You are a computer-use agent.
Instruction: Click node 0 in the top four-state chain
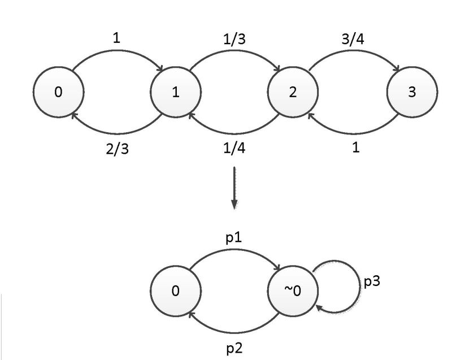(x=59, y=92)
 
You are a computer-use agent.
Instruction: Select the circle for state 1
(x=176, y=92)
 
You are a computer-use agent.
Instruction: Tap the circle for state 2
(x=293, y=92)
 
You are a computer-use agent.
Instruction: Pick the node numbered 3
(x=412, y=92)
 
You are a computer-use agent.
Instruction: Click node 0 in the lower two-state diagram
(x=176, y=291)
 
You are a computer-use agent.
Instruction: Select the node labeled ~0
(x=293, y=291)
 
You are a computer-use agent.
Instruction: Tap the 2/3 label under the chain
(x=118, y=150)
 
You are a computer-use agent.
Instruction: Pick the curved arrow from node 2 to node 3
(x=353, y=54)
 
